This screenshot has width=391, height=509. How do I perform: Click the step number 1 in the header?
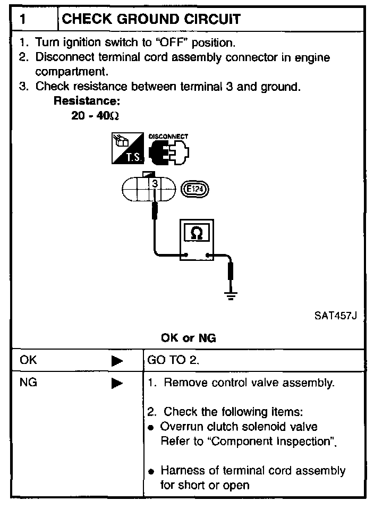coord(23,20)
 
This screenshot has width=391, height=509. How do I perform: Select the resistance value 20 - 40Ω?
coord(91,115)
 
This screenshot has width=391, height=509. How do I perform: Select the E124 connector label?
coord(196,188)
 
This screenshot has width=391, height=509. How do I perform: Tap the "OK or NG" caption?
coord(188,338)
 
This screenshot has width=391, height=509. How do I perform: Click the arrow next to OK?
coord(117,361)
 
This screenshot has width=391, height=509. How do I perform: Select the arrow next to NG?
coord(117,383)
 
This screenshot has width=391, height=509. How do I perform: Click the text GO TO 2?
coord(173,361)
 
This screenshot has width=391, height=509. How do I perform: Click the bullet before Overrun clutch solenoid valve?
coord(152,428)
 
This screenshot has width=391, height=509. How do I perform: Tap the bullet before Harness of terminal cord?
coord(152,472)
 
